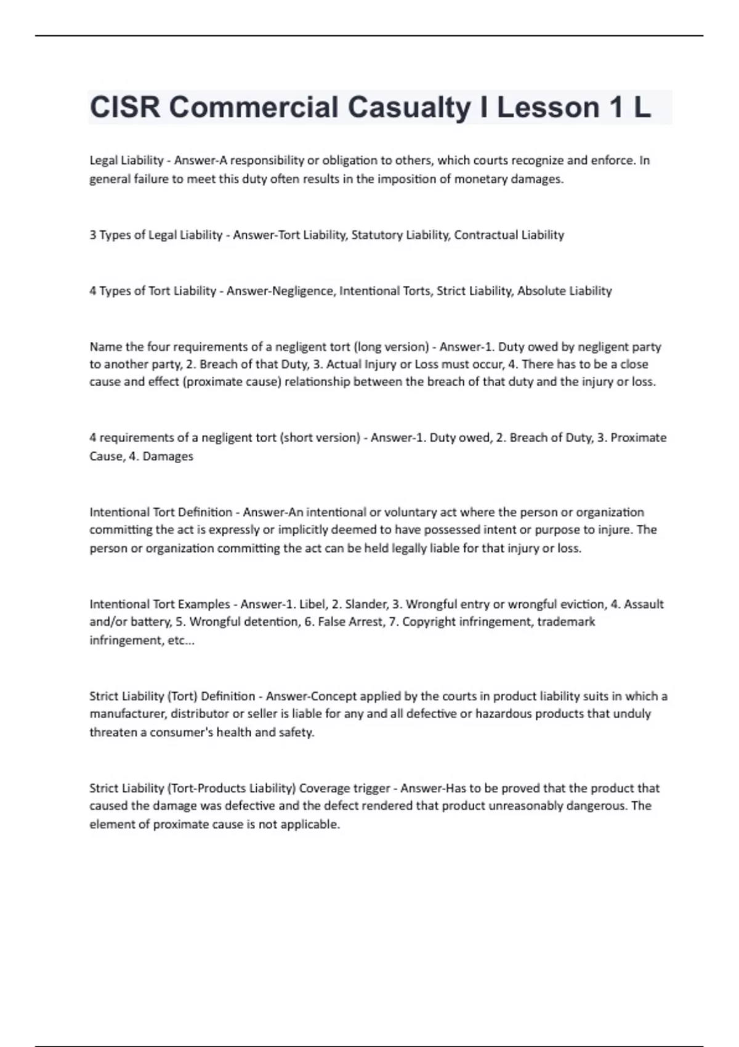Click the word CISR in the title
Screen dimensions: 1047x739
pos(125,108)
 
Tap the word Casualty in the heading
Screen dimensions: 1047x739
pos(408,108)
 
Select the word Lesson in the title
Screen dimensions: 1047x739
pos(548,108)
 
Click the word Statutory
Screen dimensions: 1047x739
pos(375,235)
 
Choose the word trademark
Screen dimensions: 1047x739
pos(566,622)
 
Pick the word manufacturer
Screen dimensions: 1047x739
pos(126,714)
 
